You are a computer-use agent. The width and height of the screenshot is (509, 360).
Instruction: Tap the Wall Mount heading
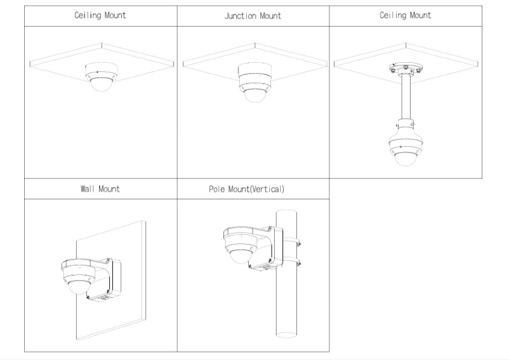point(100,189)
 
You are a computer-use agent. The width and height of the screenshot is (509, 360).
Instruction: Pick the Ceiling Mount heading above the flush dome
point(100,16)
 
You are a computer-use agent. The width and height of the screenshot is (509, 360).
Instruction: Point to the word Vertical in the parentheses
point(269,189)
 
